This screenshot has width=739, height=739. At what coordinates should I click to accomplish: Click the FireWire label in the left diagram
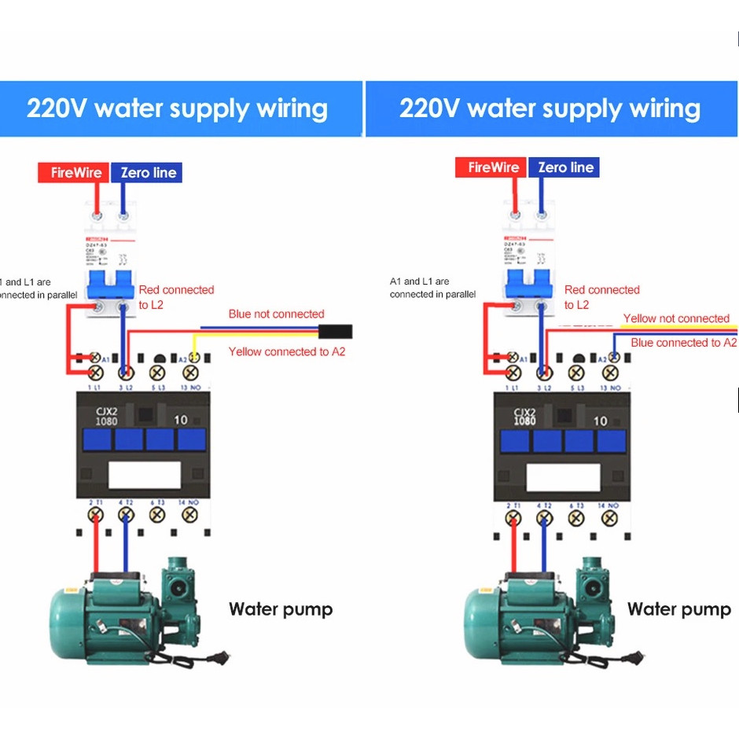[x=75, y=172]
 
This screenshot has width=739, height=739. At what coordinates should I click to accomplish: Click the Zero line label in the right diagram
[x=565, y=167]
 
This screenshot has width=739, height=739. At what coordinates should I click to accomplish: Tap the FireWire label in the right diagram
[x=493, y=167]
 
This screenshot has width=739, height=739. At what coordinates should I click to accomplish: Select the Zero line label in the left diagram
[x=148, y=172]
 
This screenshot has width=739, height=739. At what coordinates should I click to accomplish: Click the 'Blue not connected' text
[x=276, y=314]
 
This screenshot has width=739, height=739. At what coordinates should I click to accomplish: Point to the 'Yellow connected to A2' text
[x=286, y=351]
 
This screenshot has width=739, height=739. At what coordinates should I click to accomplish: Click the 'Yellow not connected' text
[x=676, y=318]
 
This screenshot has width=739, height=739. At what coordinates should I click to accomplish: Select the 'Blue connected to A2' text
[x=683, y=343]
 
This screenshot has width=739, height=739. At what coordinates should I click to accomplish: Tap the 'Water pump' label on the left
[x=281, y=609]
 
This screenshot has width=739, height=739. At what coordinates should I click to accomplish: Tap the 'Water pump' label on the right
[x=678, y=609]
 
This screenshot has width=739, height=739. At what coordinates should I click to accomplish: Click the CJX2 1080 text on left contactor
[x=106, y=416]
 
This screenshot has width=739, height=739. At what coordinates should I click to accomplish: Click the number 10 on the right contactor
[x=600, y=421]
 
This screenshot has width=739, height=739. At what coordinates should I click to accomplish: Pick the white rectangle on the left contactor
[x=144, y=476]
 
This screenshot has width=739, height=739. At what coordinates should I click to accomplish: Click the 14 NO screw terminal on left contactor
[x=189, y=514]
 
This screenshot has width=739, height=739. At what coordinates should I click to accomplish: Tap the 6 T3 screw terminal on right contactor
[x=575, y=517]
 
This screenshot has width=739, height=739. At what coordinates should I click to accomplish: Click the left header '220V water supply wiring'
[x=177, y=108]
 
